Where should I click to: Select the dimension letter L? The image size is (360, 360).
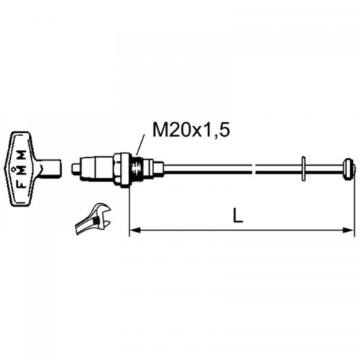(238, 214)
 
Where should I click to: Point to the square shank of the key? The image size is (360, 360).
(48, 170)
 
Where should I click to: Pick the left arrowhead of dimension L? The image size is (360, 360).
(133, 230)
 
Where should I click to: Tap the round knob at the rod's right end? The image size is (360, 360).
(349, 169)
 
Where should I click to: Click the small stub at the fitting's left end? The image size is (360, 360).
(76, 170)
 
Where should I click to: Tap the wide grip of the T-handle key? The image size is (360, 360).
(21, 168)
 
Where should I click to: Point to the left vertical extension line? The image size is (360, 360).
(129, 209)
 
